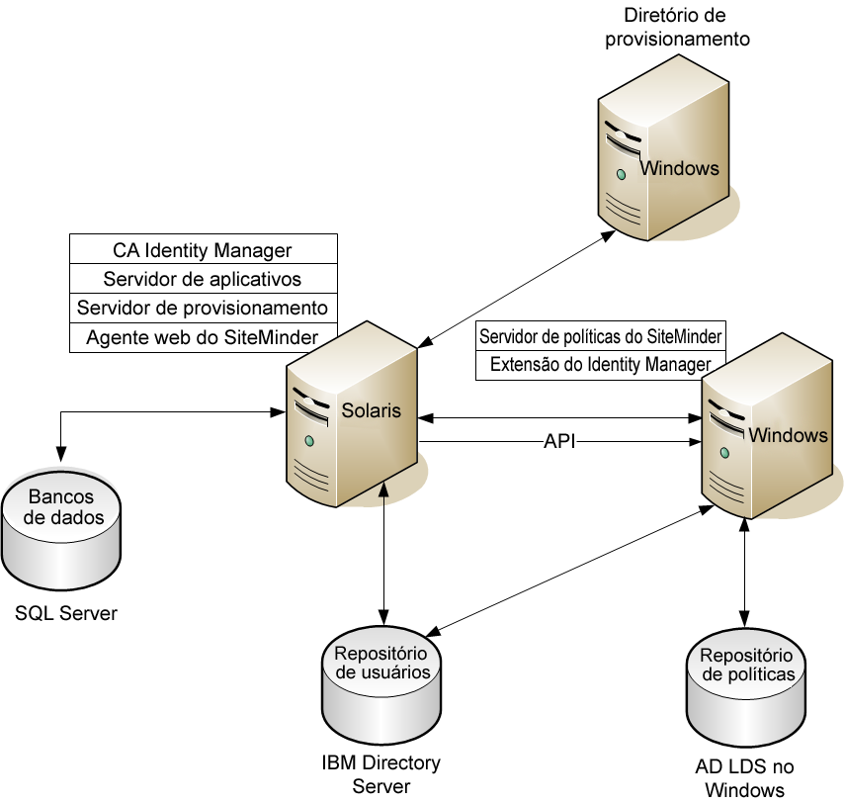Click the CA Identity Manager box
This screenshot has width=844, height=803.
coord(203,250)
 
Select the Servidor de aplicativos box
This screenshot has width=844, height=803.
coord(203,279)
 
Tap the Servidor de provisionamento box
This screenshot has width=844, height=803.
coord(203,308)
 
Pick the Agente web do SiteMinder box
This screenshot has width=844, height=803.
coord(203,337)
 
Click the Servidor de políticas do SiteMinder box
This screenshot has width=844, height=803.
coord(601,336)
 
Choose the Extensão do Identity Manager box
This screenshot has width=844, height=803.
coord(601,364)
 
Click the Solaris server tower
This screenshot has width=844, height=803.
coord(351,415)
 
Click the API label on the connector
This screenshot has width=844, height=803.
coord(559,442)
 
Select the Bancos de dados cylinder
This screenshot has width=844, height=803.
coord(60,529)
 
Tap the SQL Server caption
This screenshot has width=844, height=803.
coord(66,614)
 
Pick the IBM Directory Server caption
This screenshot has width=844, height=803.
coord(381,774)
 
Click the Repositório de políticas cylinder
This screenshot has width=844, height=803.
coord(746,689)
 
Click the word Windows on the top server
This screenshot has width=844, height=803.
coord(680,168)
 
